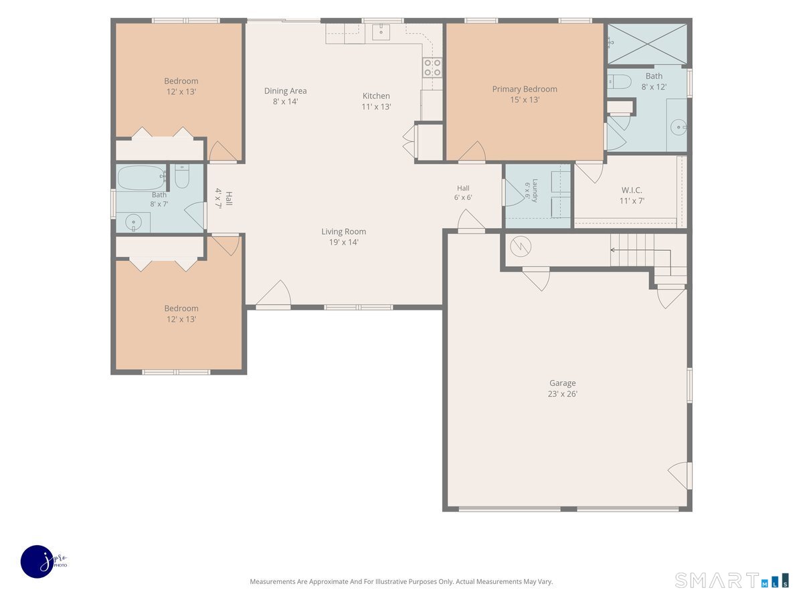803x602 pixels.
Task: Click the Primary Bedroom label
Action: pyautogui.click(x=524, y=89)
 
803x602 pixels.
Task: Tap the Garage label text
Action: pyautogui.click(x=562, y=383)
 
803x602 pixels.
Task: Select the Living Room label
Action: pyautogui.click(x=343, y=231)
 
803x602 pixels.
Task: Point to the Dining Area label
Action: pyautogui.click(x=285, y=91)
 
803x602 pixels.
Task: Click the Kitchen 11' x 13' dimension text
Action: pyautogui.click(x=376, y=107)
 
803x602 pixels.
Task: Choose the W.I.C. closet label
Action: pyautogui.click(x=632, y=190)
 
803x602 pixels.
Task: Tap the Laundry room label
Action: pyautogui.click(x=535, y=191)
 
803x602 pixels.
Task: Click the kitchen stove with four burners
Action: pyautogui.click(x=432, y=68)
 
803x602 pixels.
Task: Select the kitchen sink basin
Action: pyautogui.click(x=381, y=32)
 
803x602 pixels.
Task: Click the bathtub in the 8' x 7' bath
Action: pyautogui.click(x=141, y=178)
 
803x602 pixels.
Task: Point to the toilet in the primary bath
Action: pyautogui.click(x=620, y=82)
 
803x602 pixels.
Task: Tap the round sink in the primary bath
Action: pyautogui.click(x=679, y=127)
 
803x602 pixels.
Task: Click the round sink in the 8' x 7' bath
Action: pyautogui.click(x=134, y=222)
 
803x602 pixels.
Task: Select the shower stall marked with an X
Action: pyautogui.click(x=647, y=44)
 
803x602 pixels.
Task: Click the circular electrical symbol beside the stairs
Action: pyautogui.click(x=520, y=246)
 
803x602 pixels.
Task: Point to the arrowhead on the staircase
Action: pyautogui.click(x=612, y=250)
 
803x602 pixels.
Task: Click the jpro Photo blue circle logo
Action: pyautogui.click(x=37, y=562)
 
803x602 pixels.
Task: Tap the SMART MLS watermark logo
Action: pyautogui.click(x=731, y=581)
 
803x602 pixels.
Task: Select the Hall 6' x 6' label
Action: pyautogui.click(x=463, y=193)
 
